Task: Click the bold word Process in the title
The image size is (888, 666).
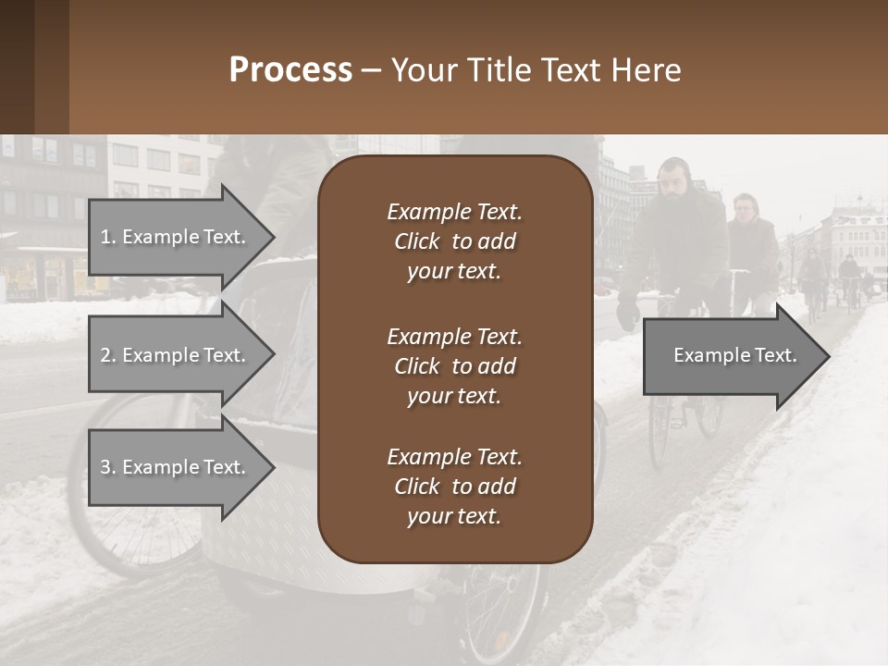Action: click(x=290, y=70)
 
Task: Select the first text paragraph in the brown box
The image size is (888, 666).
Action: click(x=454, y=241)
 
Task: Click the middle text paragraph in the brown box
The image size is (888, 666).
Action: click(x=454, y=366)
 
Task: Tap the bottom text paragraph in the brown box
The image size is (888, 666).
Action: click(x=454, y=487)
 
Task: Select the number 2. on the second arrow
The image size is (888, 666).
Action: click(x=107, y=355)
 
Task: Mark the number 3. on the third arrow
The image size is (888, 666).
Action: click(x=107, y=467)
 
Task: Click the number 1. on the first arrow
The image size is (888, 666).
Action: click(x=107, y=237)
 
